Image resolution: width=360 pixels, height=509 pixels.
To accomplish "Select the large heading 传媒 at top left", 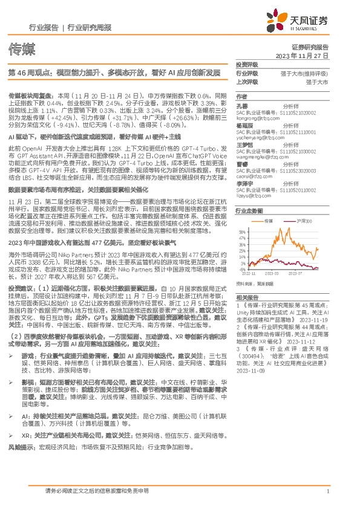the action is point(20,48).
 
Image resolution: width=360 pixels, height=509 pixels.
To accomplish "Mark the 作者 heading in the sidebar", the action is point(242,96).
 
